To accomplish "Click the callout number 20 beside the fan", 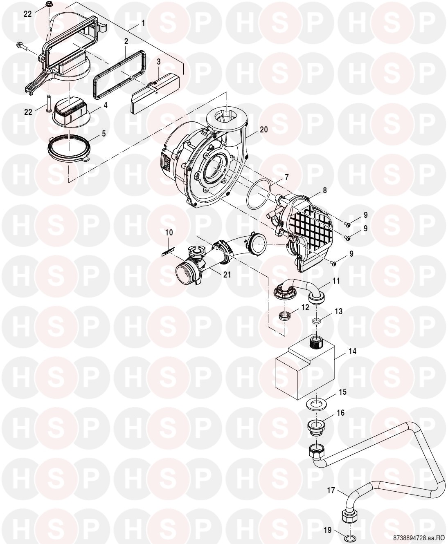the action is tap(263, 130).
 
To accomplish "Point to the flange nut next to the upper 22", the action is tap(49, 4).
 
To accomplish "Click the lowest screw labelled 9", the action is tap(334, 263).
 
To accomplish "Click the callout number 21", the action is tap(227, 275).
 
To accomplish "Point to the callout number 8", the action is tap(324, 190).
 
